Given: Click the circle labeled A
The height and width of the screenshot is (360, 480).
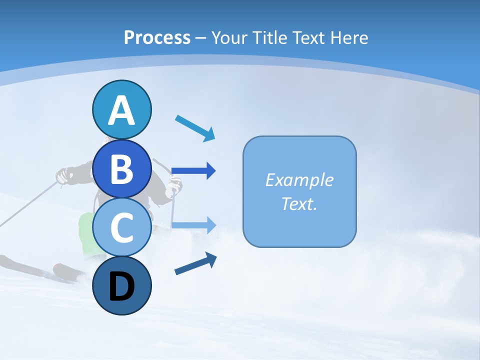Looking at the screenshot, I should tap(121, 109).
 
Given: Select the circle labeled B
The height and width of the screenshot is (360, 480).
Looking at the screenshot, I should tap(121, 168).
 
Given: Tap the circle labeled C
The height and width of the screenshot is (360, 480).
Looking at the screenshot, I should tap(121, 227).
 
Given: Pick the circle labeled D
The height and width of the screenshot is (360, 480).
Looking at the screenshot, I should tap(121, 286).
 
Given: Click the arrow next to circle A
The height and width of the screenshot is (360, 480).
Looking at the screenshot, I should tap(195, 128).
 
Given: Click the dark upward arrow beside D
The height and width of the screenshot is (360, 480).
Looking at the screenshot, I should tap(195, 263).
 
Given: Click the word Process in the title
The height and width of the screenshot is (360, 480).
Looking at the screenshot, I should tap(157, 37).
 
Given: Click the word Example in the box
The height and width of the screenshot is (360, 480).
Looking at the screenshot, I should tap(299, 180).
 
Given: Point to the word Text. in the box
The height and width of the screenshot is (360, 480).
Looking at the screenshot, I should tap(299, 203).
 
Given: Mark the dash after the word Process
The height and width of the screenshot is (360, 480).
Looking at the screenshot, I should tap(200, 38).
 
